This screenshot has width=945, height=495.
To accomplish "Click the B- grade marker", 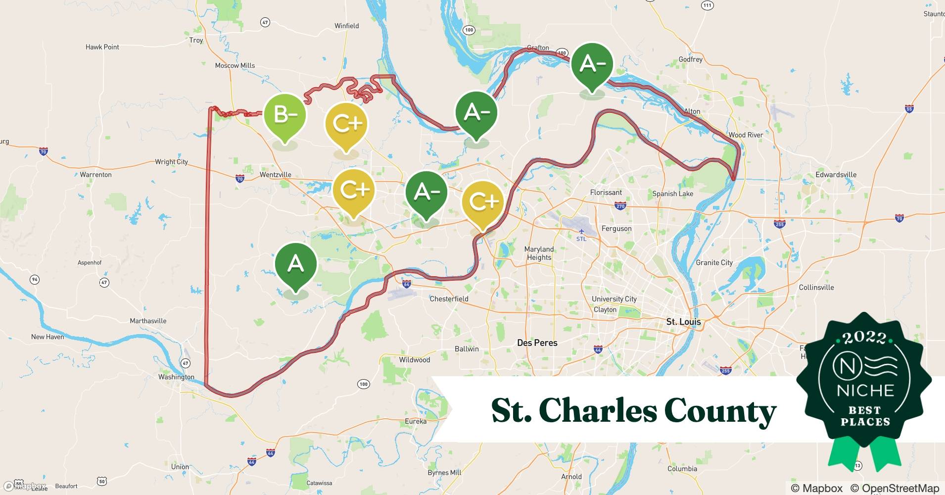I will click(x=285, y=115).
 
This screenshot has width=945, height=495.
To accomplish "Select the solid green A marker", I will click(x=295, y=264).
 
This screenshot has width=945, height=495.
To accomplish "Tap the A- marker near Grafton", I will click(x=592, y=64).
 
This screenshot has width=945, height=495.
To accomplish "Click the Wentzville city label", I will click(x=276, y=175).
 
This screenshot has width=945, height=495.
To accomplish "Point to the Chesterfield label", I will click(x=449, y=299).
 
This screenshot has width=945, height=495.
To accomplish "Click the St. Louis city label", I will click(x=683, y=322).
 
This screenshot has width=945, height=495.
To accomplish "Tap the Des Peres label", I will click(x=537, y=343).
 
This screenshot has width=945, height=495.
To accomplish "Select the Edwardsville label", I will click(x=836, y=175).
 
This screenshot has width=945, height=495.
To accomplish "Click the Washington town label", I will click(x=176, y=377).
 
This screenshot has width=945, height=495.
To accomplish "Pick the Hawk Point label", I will click(x=102, y=47).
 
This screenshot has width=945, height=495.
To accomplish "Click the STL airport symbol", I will click(x=581, y=232).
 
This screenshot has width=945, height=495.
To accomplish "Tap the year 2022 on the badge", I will click(x=864, y=338).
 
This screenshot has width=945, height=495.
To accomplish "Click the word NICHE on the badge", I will click(x=865, y=391).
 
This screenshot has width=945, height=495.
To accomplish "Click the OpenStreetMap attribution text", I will click(x=895, y=488).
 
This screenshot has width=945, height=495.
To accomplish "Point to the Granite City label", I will click(x=714, y=262).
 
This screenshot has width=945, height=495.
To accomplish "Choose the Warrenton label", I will click(x=96, y=175).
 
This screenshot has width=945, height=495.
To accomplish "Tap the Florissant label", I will click(x=606, y=193).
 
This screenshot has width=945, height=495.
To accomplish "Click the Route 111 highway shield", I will click(x=708, y=5).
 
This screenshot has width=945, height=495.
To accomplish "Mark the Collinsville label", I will click(x=816, y=287).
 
